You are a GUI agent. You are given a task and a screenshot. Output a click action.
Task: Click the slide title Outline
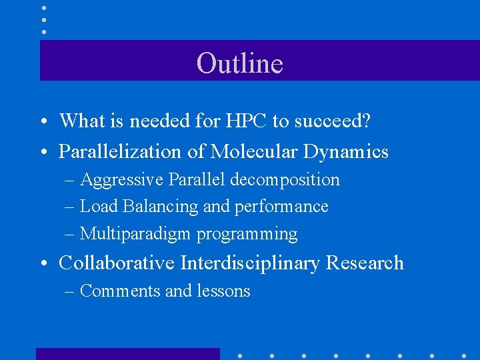click(x=240, y=63)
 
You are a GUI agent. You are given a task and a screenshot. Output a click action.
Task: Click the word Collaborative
click(x=117, y=263)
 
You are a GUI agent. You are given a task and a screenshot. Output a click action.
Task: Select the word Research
click(x=365, y=263)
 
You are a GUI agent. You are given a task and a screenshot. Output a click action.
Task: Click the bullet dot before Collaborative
click(x=42, y=264)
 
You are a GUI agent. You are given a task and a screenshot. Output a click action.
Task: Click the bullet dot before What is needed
click(x=42, y=122)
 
